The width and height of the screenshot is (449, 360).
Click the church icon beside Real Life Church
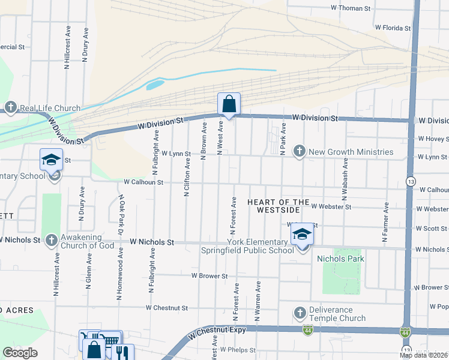click(x=10, y=108)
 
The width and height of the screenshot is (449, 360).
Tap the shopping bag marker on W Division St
click(x=229, y=104)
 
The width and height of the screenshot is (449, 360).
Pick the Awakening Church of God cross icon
click(x=51, y=240)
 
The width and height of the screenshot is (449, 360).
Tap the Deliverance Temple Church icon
click(x=300, y=313)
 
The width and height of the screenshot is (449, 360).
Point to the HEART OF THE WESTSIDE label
click(x=279, y=207)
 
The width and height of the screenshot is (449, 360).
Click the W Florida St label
click(x=393, y=28)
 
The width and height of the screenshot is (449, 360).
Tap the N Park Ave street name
click(x=283, y=140)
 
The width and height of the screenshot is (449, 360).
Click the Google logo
click(x=20, y=353)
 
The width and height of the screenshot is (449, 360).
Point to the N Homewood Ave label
click(x=121, y=274)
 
